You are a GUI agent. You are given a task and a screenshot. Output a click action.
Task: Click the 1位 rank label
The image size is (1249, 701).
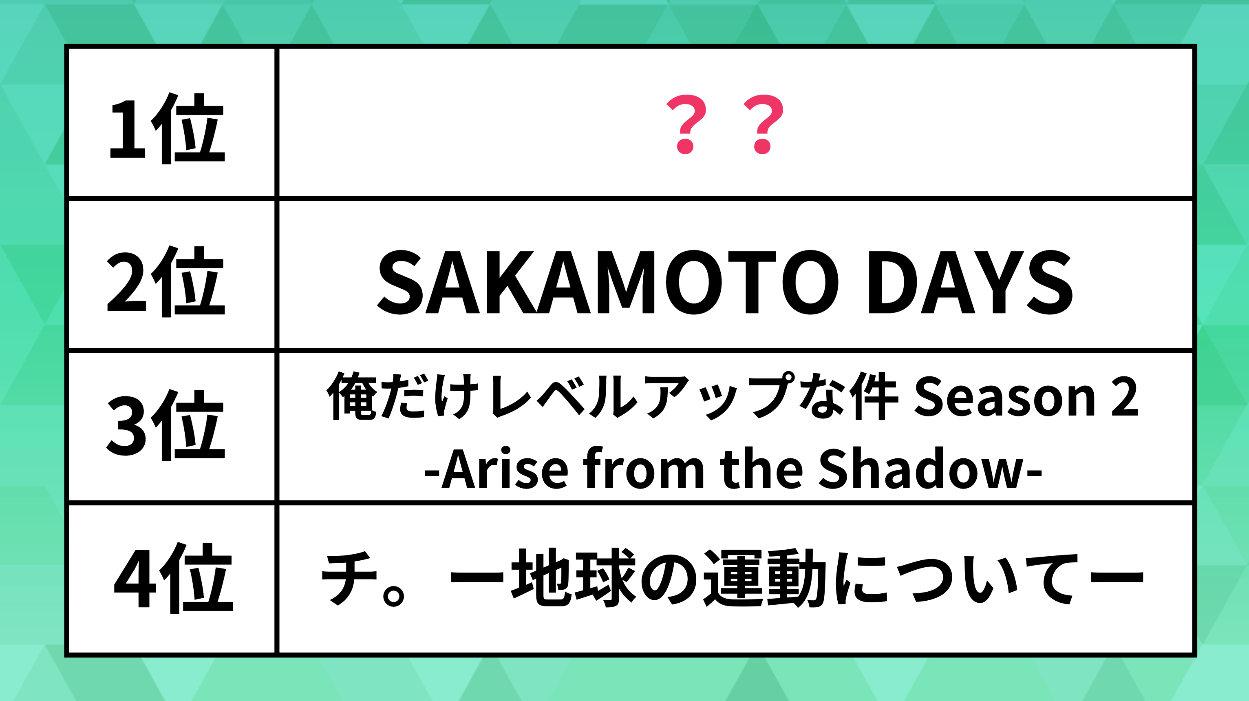point(167,128)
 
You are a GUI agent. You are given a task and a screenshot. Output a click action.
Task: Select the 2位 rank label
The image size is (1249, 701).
point(166,281)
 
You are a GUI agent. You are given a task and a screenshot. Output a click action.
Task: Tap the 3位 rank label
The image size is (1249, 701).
point(166,425)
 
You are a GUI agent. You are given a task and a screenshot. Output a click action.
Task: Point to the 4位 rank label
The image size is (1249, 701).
point(174,578)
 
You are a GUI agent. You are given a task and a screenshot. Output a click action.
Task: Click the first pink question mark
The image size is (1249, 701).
point(686,124)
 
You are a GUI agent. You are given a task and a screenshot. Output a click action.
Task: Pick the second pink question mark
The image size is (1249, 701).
point(763,124)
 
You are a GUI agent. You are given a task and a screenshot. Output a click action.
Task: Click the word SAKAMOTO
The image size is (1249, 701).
point(607,282)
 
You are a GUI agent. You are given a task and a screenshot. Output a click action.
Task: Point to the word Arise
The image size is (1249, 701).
point(505,468)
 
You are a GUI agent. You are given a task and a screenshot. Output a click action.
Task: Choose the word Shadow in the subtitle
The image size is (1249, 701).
point(921,468)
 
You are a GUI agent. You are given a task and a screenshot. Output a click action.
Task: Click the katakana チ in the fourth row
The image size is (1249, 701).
point(349,578)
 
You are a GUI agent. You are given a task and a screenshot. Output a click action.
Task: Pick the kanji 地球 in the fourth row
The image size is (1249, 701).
point(574,578)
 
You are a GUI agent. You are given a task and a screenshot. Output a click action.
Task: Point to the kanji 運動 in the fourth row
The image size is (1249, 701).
point(765,578)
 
